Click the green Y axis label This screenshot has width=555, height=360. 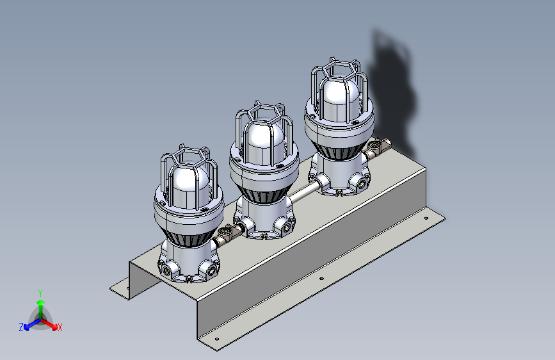pos(40,293)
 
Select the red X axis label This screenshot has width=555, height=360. pos(60,327)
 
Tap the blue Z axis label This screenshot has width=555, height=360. pos(21,327)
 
